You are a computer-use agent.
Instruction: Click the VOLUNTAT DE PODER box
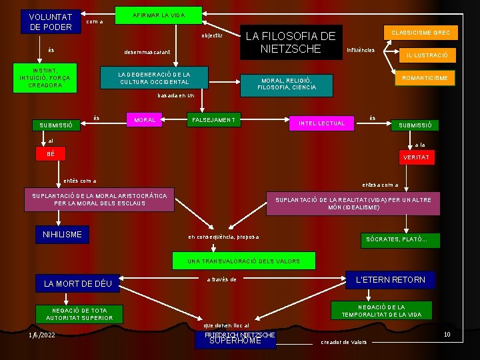pos(50,21)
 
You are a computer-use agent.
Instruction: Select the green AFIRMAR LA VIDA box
pos(158,15)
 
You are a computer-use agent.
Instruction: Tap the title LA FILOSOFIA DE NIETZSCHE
pos(291,43)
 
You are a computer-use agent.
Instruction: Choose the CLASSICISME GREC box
pos(421,32)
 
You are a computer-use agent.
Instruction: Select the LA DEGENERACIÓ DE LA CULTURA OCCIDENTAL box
pos(154,78)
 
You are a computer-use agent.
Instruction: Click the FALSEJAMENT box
pos(213,120)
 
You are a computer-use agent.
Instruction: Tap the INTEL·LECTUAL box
pos(321,123)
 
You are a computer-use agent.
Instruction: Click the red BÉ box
pos(51,155)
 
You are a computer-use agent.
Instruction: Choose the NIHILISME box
pos(62,235)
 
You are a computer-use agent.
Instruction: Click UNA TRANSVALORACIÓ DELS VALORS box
pos(243,261)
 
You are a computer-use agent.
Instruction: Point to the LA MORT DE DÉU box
pos(78,284)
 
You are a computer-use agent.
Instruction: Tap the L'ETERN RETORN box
pos(391,280)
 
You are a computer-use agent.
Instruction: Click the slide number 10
pos(447,335)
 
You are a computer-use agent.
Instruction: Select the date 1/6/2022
pos(42,335)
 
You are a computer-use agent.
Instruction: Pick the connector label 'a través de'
pos(221,280)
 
